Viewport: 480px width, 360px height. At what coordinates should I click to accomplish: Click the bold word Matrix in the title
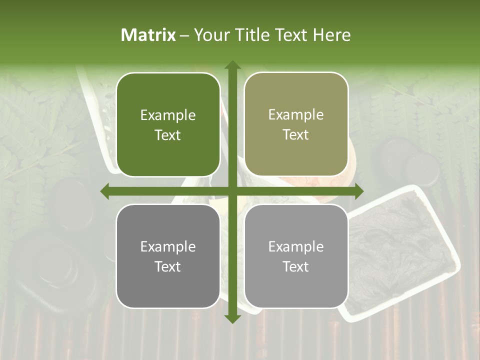(148, 35)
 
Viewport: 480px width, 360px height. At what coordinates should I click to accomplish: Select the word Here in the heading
(331, 35)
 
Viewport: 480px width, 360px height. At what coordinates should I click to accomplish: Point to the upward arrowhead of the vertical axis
(232, 65)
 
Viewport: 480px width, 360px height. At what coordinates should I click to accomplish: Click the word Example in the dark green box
(168, 115)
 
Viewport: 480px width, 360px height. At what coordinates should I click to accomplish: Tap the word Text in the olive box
(296, 135)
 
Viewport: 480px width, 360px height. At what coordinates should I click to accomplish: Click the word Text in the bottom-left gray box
(168, 266)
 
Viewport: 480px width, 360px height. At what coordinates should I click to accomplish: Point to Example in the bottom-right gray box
(296, 246)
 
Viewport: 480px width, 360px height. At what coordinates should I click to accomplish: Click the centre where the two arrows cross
(232, 191)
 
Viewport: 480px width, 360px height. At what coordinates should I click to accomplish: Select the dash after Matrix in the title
(184, 35)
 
